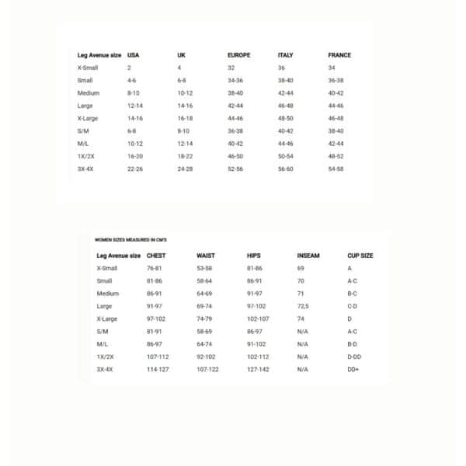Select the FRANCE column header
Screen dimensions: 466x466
coord(339,55)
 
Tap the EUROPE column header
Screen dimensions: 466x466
coord(239,55)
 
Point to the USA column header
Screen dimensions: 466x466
coord(133,55)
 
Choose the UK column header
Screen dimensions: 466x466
coord(181,55)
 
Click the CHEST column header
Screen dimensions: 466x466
coord(156,255)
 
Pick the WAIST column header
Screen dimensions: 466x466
coord(206,255)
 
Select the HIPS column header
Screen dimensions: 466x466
coord(254,255)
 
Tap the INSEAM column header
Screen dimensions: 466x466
coord(308,255)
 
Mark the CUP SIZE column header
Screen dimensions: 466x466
coord(360,255)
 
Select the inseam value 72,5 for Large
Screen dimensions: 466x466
coord(303,306)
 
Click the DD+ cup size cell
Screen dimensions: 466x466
coord(353,370)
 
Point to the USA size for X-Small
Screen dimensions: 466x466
coord(129,68)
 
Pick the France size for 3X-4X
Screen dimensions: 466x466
coord(336,169)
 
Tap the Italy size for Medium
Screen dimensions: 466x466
coord(285,93)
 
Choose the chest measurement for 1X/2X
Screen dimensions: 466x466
coord(158,356)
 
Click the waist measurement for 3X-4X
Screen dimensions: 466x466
coord(208,370)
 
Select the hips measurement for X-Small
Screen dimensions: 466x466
coord(255,268)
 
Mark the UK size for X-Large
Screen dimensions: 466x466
coord(185,118)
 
